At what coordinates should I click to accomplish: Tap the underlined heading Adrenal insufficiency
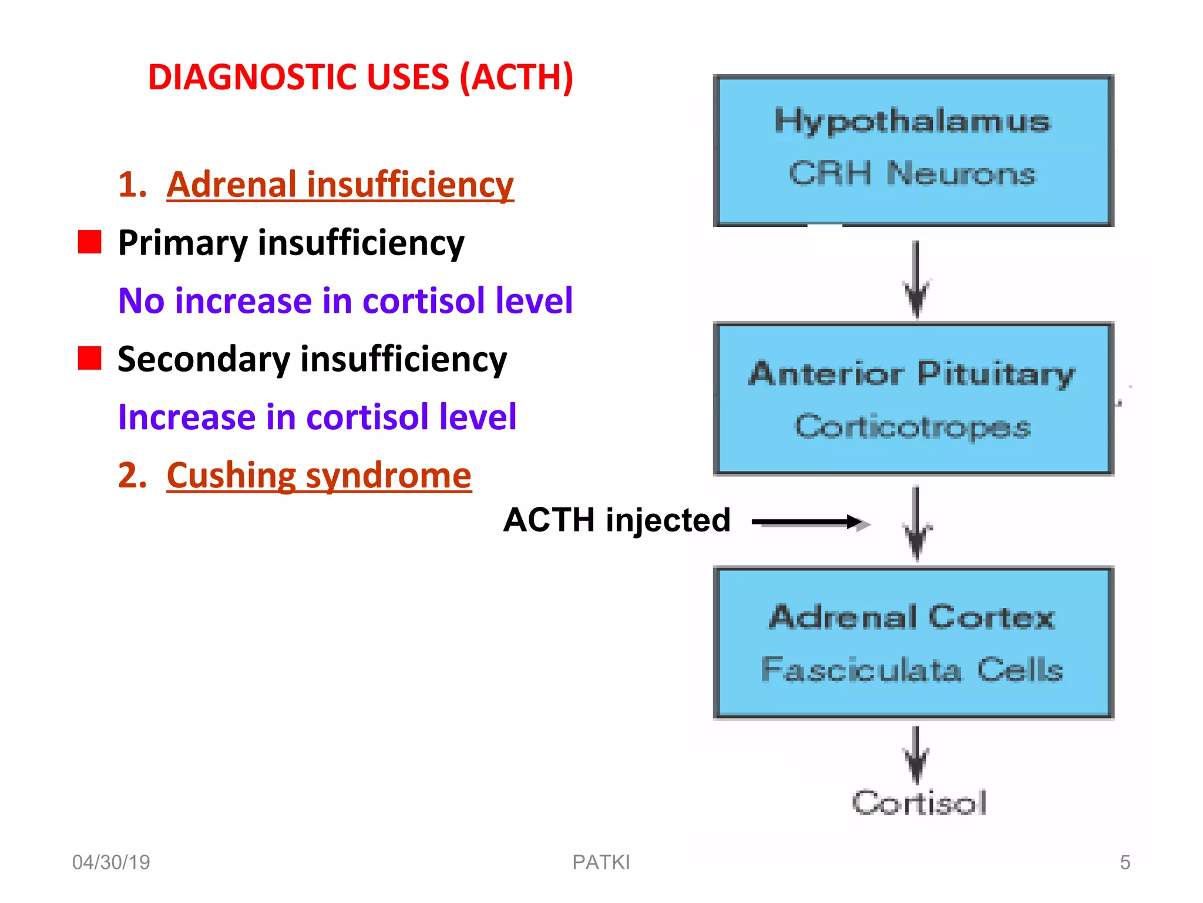point(340,185)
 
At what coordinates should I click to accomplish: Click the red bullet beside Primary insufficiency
point(90,242)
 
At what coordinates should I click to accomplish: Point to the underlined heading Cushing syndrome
point(319,475)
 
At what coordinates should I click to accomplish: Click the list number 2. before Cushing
point(132,475)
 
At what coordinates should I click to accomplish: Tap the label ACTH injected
point(617,520)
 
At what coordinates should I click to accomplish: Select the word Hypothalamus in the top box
point(912,121)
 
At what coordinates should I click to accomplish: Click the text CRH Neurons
point(912,173)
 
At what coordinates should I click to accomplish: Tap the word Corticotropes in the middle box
point(913,427)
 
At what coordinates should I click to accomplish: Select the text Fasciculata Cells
point(912,670)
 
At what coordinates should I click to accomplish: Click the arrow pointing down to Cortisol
point(916,755)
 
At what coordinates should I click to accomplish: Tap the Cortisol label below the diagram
point(919,803)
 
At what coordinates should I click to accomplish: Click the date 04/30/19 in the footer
point(111,862)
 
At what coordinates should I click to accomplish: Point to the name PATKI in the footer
point(601,862)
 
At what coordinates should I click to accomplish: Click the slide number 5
point(1124,862)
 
